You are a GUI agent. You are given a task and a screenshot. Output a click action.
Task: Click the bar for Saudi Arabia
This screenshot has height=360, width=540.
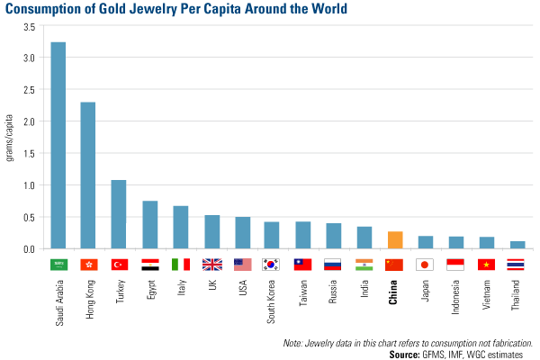click(58, 144)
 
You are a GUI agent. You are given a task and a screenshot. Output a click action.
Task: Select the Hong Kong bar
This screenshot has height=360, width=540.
click(88, 175)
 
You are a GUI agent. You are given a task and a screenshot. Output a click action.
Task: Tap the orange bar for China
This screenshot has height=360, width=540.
click(394, 239)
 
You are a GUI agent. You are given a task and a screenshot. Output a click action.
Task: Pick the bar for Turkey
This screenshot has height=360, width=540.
click(119, 214)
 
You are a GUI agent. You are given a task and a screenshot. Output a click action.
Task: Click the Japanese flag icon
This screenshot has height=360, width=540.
click(425, 265)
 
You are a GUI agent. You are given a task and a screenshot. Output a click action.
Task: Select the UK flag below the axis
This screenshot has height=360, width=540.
click(211, 265)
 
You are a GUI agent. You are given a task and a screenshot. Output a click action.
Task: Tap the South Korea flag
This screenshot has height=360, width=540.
click(272, 265)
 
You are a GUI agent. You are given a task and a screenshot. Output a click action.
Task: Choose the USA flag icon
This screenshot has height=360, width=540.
click(242, 265)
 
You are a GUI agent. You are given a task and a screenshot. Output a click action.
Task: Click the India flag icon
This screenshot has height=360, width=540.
click(364, 265)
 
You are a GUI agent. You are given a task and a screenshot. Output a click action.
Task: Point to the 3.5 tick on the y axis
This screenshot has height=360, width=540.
click(28, 27)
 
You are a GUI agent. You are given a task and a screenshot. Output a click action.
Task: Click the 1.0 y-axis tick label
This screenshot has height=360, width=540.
click(28, 185)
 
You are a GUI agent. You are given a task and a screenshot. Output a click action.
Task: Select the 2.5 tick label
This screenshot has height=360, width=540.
click(28, 90)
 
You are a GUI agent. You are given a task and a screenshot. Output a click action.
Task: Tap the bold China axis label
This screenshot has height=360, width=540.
click(394, 294)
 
